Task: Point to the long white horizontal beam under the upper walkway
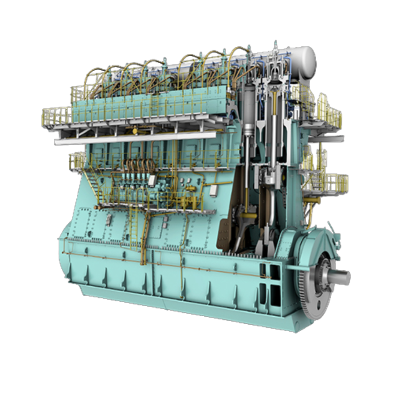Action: click(134, 139)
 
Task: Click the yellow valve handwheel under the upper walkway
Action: click(135, 131)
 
